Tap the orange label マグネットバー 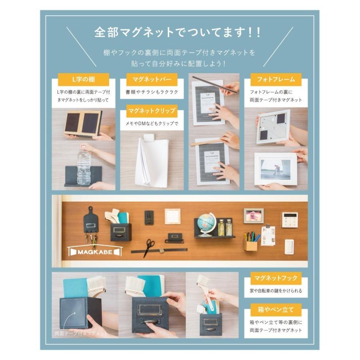(146, 79)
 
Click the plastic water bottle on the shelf (84, 167)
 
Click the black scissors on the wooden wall (149, 247)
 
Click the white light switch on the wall (290, 246)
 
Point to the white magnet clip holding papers (150, 138)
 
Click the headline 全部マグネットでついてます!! (178, 32)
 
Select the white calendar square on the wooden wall (172, 216)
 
